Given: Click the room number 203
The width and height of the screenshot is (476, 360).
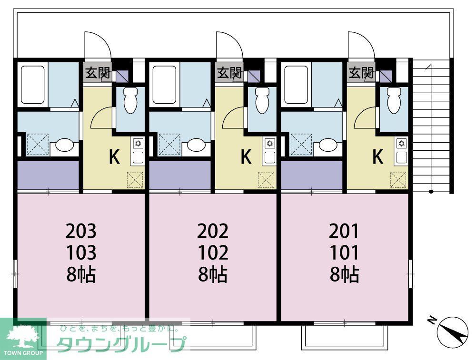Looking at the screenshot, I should click(81, 231).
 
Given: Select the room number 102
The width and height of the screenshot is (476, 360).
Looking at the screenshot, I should click(213, 253).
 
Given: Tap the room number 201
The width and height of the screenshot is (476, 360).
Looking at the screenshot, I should click(344, 231).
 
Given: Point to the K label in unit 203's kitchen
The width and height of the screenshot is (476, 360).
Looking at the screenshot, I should click(114, 157).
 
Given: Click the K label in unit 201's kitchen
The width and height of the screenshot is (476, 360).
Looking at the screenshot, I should click(377, 157).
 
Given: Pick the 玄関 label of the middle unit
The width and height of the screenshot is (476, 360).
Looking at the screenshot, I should click(229, 73).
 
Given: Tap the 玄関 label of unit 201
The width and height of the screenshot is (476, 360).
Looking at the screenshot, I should click(360, 73).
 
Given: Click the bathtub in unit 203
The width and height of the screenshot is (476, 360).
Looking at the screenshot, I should click(32, 85).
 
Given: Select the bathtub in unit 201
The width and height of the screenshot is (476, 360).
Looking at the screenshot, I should click(296, 85).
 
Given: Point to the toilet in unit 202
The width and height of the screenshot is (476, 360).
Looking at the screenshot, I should click(261, 101).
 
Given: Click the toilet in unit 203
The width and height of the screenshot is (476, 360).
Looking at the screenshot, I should click(129, 101).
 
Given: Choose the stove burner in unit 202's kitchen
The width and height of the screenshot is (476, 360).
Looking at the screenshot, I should click(270, 143).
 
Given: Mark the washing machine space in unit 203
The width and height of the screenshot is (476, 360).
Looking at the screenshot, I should click(38, 144).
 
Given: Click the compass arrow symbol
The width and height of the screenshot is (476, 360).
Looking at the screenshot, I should click(451, 331).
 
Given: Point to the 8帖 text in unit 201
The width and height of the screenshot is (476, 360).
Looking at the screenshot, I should click(344, 274).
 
